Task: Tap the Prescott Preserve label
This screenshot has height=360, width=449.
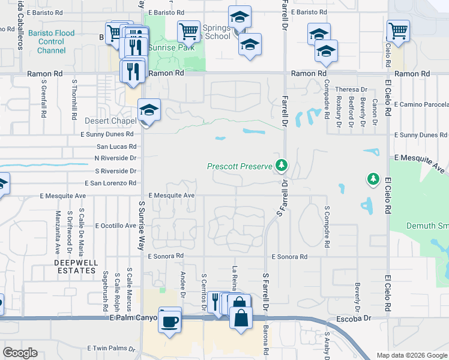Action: [240, 166]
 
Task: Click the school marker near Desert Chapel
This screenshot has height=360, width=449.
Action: [149, 111]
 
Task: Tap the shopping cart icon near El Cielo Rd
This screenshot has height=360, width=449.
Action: [398, 31]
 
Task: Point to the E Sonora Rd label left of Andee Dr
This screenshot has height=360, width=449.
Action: [165, 256]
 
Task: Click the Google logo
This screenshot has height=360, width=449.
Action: [20, 353]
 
